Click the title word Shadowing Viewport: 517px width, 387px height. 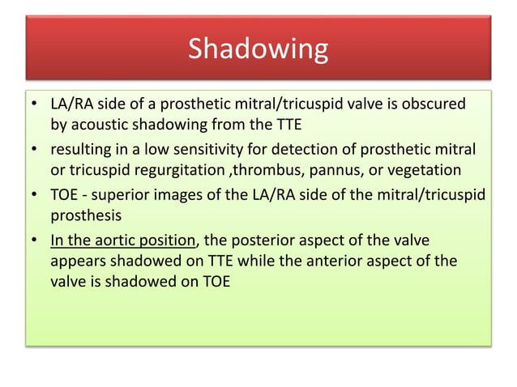pyautogui.click(x=258, y=49)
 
